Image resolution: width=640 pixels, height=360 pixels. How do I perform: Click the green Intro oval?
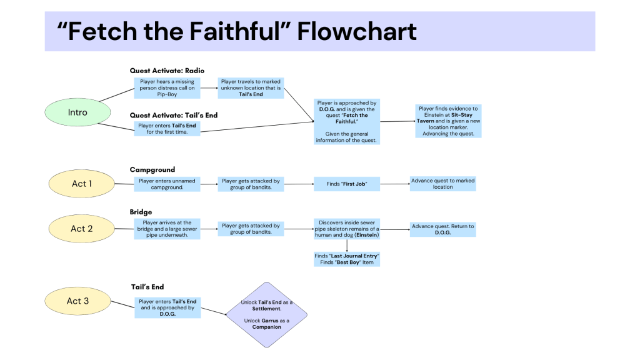(77, 113)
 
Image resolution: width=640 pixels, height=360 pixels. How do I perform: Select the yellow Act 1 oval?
(79, 184)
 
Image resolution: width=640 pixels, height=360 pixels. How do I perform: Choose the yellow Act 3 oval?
(77, 301)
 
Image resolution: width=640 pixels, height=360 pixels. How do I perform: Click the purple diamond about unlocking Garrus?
(267, 314)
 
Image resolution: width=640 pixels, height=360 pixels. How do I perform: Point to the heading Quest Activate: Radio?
(167, 71)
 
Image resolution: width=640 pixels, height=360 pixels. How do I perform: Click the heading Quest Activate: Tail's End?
(174, 115)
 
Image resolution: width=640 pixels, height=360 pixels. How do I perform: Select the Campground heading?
(152, 169)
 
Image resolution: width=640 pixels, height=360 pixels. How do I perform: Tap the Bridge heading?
(141, 212)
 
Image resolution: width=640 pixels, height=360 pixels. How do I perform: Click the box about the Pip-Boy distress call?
(167, 88)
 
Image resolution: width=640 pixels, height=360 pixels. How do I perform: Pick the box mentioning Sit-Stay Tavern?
(449, 121)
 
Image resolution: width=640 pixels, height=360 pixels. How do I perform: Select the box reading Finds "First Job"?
(346, 184)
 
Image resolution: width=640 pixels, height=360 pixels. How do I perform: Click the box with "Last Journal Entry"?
(346, 259)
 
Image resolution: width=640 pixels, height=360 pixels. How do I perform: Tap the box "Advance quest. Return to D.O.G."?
(442, 229)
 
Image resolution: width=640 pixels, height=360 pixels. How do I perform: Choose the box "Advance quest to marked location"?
(442, 184)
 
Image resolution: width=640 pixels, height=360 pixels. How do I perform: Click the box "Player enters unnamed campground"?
(167, 184)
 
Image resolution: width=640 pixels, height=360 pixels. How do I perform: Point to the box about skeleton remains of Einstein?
(346, 229)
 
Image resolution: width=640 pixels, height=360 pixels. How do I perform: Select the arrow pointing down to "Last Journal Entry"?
(346, 245)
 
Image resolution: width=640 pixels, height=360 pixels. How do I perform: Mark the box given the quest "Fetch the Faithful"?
(346, 122)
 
